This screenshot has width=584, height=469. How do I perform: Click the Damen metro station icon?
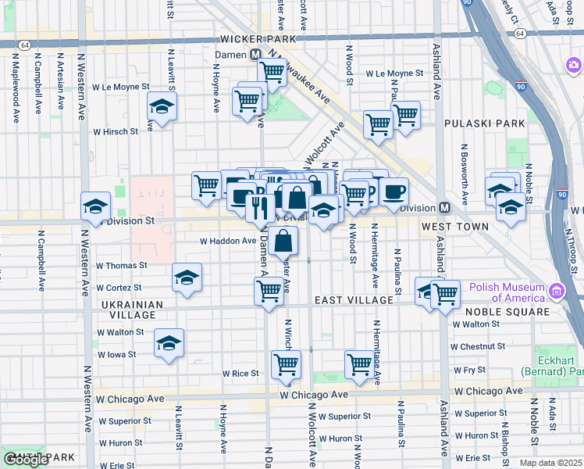(255, 55)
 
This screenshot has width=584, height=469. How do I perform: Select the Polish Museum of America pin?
(556, 292)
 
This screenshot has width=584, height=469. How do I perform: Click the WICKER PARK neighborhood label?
(259, 38)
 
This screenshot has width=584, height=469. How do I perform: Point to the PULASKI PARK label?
(474, 124)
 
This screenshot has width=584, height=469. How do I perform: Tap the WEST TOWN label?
(455, 227)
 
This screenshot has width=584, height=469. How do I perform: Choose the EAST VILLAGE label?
(354, 300)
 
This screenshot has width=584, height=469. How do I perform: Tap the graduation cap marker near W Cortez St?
(187, 277)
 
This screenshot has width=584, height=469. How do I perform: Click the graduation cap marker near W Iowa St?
(169, 342)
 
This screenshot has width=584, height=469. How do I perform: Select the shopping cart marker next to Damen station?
(272, 71)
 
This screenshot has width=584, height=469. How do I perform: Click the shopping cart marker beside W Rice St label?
(286, 363)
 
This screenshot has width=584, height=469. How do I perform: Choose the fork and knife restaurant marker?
(258, 208)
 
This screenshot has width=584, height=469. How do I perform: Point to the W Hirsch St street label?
(116, 132)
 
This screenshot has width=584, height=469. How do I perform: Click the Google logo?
(26, 460)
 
